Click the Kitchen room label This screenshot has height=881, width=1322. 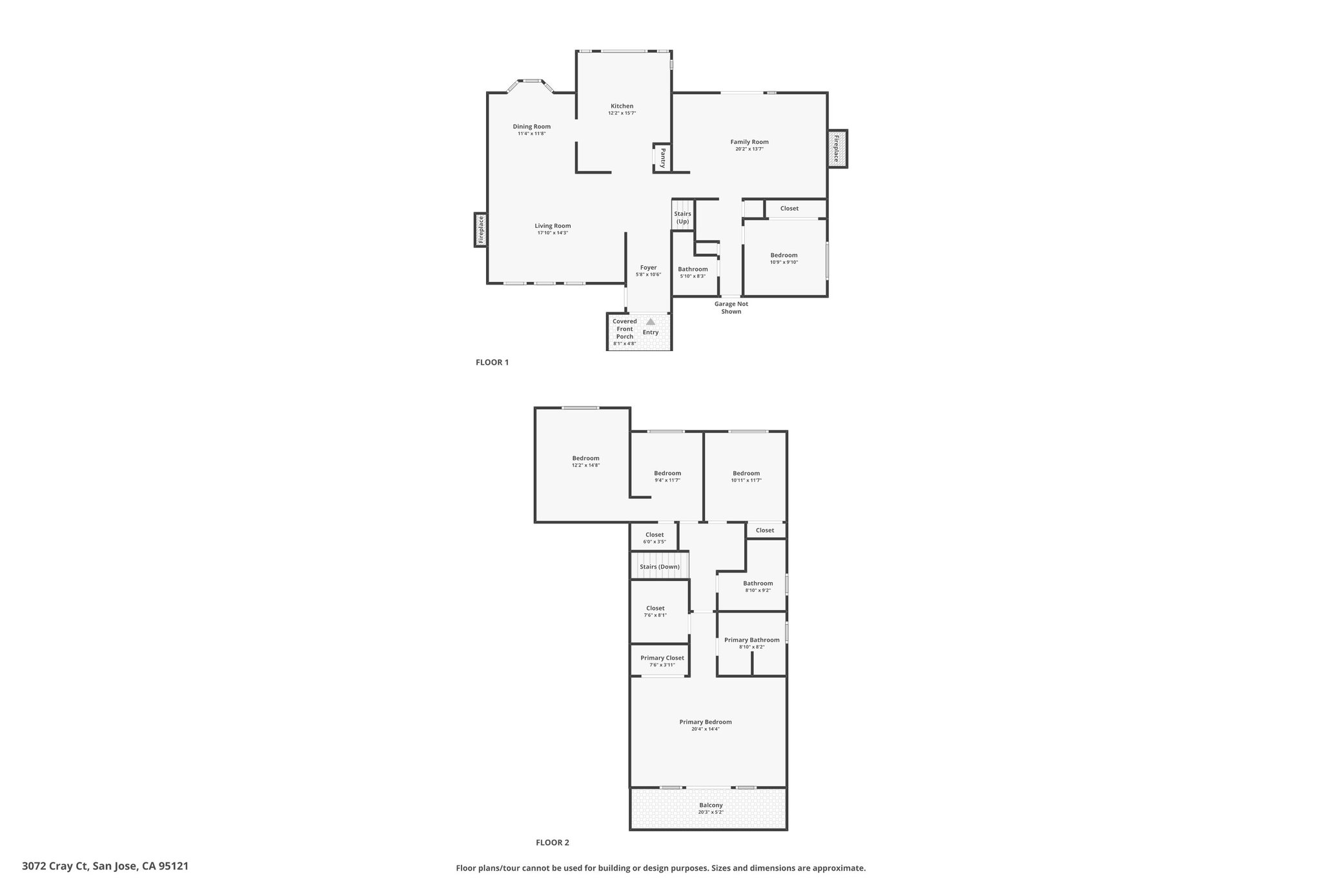622,106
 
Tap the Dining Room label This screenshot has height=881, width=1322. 532,127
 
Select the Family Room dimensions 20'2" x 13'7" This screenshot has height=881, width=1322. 749,149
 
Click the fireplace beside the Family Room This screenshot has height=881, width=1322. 837,149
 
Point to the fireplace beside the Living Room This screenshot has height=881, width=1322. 480,230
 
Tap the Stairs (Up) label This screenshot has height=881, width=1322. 682,218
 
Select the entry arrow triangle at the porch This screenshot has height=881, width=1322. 651,321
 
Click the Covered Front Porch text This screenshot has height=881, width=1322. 625,329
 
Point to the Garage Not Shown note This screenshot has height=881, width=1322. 731,308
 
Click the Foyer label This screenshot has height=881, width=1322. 648,267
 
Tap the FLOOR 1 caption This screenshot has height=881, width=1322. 492,362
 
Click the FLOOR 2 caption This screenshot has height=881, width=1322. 553,842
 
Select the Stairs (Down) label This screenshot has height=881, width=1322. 660,567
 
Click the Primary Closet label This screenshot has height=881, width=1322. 662,658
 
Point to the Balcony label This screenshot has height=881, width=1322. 711,805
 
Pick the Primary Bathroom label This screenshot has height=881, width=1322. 752,640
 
